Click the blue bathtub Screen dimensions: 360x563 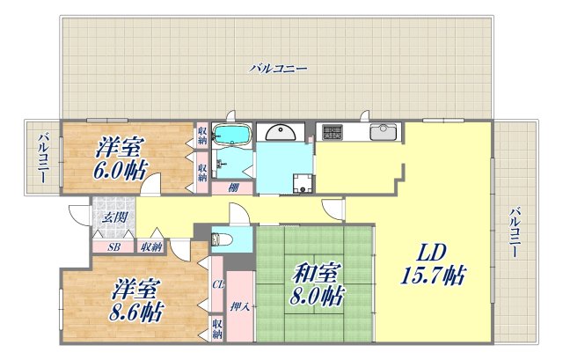(232, 135)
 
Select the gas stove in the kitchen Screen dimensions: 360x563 (333, 133)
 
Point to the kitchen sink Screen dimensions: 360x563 (383, 133)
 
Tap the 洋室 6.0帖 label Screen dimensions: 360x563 (122, 157)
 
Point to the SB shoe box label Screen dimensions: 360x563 (113, 247)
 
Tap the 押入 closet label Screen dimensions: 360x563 (238, 307)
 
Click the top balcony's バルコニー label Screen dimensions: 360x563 (278, 67)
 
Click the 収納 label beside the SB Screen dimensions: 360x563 (150, 247)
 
